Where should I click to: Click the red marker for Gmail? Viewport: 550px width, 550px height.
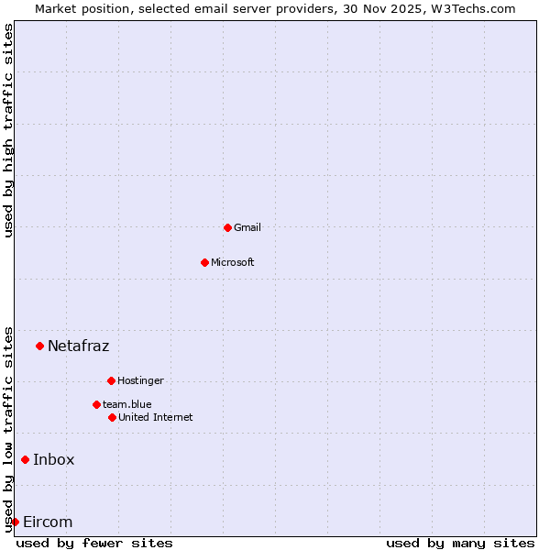pyautogui.click(x=227, y=227)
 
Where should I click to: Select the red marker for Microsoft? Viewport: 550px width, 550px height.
pyautogui.click(x=204, y=262)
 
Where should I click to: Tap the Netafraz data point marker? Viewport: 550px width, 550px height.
pyautogui.click(x=39, y=346)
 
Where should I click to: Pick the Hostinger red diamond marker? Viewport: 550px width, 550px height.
pyautogui.click(x=111, y=380)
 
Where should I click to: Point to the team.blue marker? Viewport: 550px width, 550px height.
pyautogui.click(x=96, y=404)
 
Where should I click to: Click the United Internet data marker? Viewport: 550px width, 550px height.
pyautogui.click(x=112, y=417)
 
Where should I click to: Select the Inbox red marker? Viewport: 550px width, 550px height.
pyautogui.click(x=25, y=459)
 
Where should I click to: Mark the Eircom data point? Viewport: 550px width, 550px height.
pyautogui.click(x=15, y=522)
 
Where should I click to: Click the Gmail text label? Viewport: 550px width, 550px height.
pyautogui.click(x=247, y=227)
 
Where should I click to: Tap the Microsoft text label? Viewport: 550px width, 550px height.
pyautogui.click(x=233, y=262)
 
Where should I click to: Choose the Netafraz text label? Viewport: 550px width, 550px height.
pyautogui.click(x=78, y=346)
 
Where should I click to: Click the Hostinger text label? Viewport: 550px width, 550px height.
pyautogui.click(x=140, y=380)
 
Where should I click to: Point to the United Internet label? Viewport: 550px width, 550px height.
pyautogui.click(x=156, y=417)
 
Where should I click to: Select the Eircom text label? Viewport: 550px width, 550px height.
pyautogui.click(x=48, y=522)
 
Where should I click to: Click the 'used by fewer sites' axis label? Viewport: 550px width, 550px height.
pyautogui.click(x=94, y=543)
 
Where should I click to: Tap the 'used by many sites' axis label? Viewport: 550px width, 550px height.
pyautogui.click(x=460, y=543)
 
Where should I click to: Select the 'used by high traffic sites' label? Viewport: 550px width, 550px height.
pyautogui.click(x=9, y=130)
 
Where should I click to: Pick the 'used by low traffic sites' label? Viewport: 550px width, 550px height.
pyautogui.click(x=9, y=428)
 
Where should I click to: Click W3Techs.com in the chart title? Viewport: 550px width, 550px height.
pyautogui.click(x=472, y=9)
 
